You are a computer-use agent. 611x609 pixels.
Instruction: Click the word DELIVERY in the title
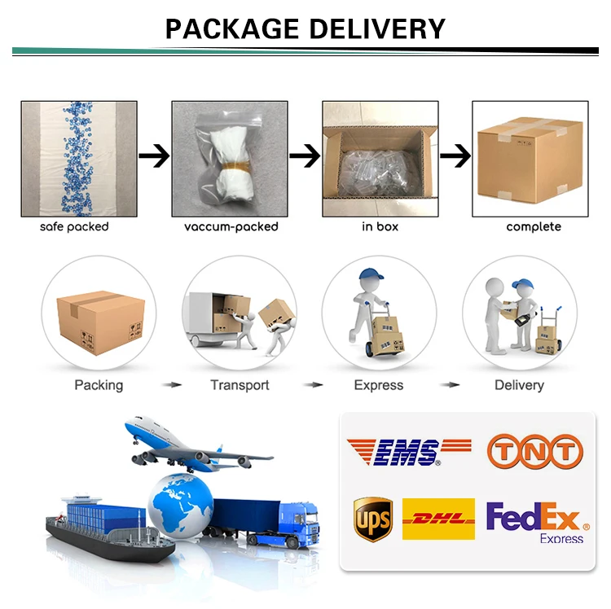[376, 28]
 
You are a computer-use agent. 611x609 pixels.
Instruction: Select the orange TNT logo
[535, 451]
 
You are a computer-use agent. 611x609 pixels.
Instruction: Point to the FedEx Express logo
[534, 522]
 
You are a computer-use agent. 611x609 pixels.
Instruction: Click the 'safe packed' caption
[74, 226]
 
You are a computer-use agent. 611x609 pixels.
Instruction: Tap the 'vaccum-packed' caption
[231, 226]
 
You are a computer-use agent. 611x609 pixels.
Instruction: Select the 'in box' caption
[380, 226]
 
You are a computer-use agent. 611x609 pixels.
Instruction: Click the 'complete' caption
[534, 226]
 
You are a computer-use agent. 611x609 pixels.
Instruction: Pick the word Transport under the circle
[240, 385]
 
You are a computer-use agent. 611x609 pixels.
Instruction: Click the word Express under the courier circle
[378, 385]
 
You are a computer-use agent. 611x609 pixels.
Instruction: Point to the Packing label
[99, 385]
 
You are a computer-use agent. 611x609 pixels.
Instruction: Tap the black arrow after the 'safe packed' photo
[154, 155]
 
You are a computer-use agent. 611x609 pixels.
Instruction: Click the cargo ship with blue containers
[106, 529]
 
